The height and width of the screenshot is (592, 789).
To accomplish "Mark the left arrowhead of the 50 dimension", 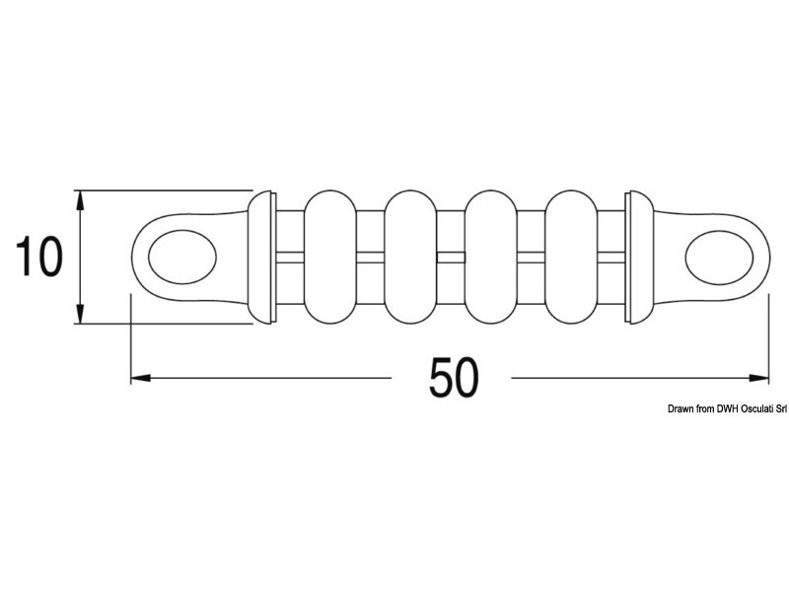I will click(139, 377).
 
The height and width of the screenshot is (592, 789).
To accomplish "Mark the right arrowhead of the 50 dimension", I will click(760, 377).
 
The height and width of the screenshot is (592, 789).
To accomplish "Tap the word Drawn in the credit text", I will click(682, 407).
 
